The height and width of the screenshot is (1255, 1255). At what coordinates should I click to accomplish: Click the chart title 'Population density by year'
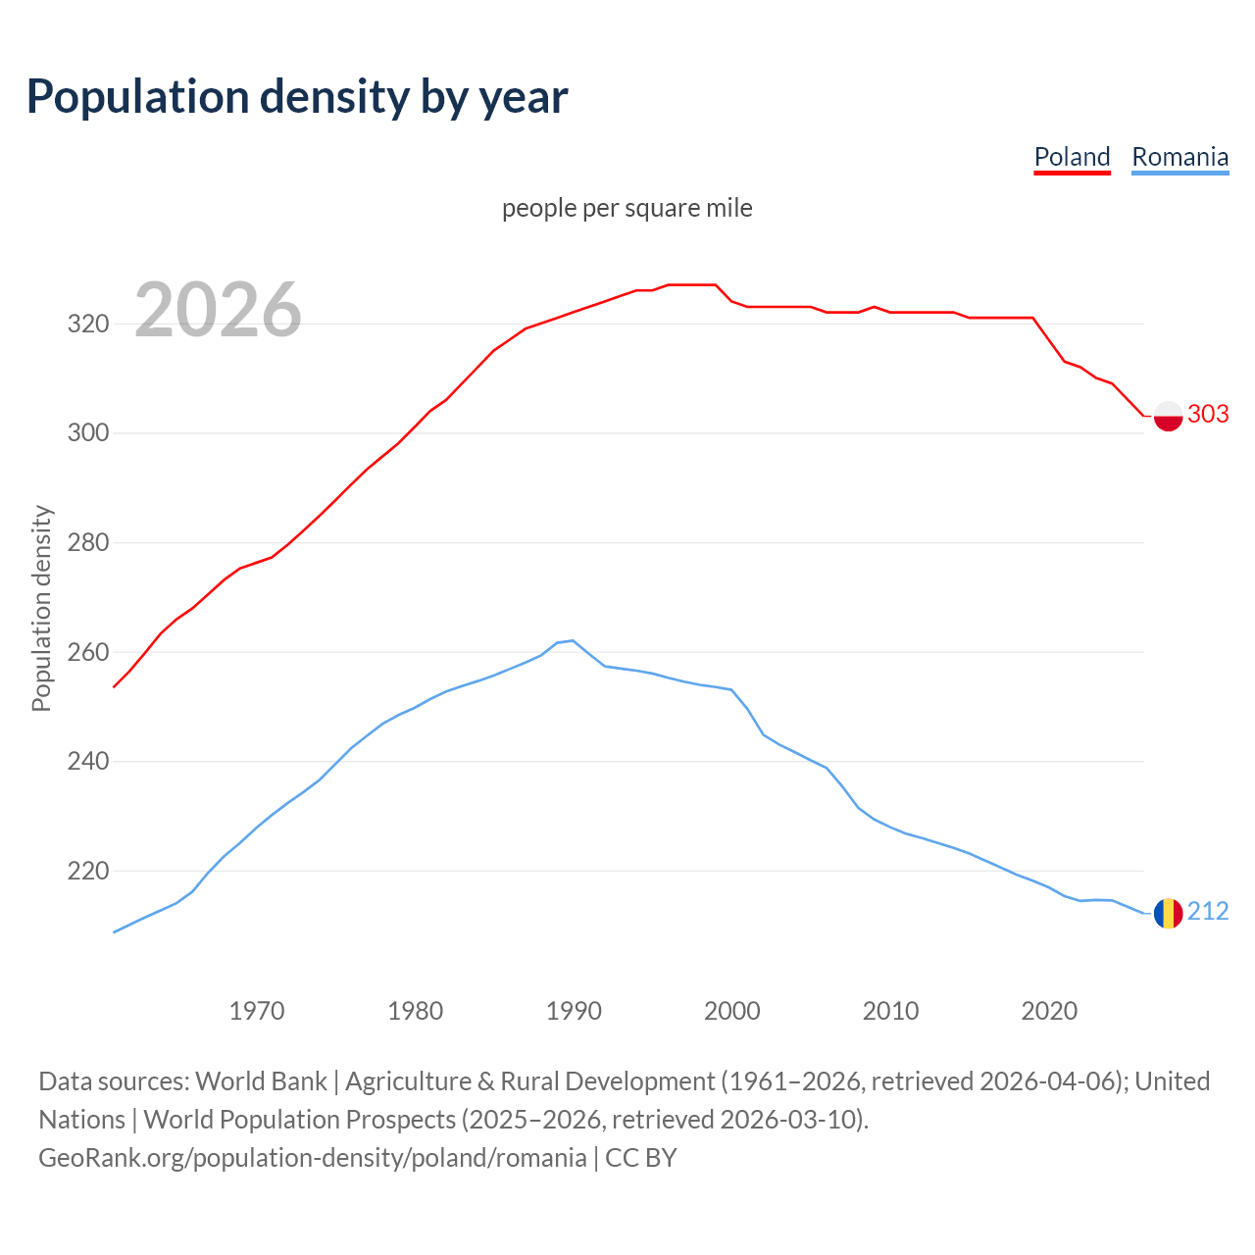coord(297,97)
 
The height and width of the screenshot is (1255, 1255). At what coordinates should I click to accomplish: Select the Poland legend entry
coord(1072,157)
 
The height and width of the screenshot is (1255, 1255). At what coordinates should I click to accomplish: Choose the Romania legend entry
coord(1180,157)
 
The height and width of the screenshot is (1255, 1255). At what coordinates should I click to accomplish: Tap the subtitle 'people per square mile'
coord(627,208)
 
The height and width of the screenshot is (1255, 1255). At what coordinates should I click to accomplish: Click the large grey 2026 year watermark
coord(218,310)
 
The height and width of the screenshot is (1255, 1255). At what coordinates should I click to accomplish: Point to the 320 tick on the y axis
coord(87,324)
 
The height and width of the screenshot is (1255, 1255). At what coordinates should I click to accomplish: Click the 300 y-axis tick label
coord(87,432)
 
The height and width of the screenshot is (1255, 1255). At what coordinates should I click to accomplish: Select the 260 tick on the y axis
coord(87,652)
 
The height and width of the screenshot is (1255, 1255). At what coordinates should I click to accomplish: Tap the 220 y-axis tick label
coord(87,871)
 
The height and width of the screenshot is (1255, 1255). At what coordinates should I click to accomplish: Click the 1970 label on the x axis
coord(257,1010)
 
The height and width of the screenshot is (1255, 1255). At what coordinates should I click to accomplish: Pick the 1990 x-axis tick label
coord(574,1010)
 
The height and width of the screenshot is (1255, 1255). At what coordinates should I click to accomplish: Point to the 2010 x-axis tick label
coord(890,1010)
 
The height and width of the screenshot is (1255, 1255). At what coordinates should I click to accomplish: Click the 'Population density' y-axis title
coord(41,608)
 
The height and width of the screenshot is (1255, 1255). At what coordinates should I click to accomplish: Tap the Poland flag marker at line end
coord(1168,416)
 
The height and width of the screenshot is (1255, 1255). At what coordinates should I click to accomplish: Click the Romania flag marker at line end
coord(1168,913)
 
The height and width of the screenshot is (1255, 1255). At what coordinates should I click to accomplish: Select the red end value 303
coord(1208,414)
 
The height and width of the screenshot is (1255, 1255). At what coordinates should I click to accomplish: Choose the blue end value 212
coord(1208,911)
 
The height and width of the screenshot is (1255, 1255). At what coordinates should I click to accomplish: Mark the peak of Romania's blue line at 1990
coord(573,640)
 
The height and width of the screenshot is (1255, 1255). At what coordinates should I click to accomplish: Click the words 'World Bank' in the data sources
coord(261,1080)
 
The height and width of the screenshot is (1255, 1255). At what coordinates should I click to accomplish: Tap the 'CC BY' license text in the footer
coord(641,1157)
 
